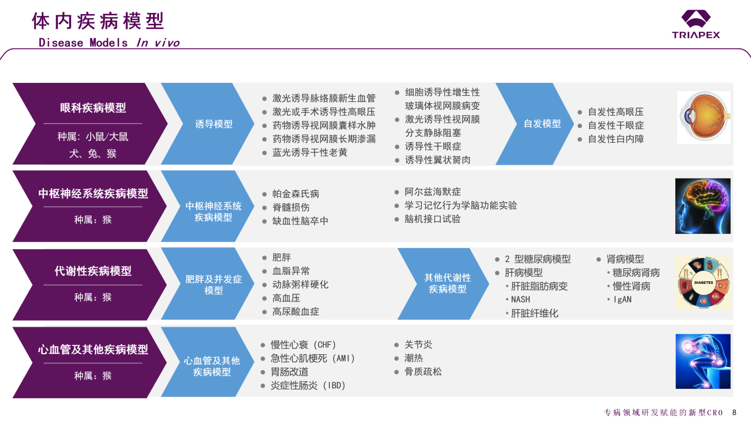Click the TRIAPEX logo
coord(696,25)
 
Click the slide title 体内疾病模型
coord(98,21)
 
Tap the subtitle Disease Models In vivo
coord(109,43)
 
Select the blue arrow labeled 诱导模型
coord(214,124)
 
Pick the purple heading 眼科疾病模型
coord(93,108)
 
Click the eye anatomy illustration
coord(703,117)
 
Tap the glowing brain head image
coord(703,206)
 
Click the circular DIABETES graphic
coord(703,283)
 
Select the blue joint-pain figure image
coord(703,361)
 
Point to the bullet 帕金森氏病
coord(296,194)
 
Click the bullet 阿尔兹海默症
coord(432,192)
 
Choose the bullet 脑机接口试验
coord(432,219)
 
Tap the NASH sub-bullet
coord(520,300)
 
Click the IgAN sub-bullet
coord(622,300)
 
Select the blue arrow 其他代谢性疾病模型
coord(447,283)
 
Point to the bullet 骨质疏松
coord(423,371)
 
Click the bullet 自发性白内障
coord(615,139)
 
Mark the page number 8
coord(734,412)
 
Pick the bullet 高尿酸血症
coord(296,311)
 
